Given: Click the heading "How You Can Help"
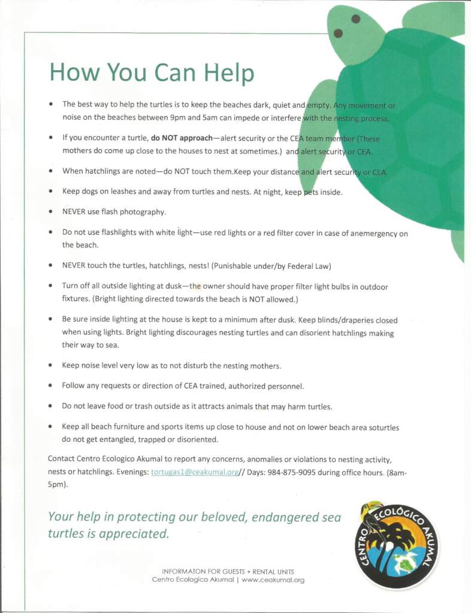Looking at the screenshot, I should point(152,72).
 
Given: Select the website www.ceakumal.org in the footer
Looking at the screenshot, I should point(273,579).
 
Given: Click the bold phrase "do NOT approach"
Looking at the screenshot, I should point(177,138).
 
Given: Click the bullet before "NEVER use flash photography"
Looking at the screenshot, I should point(52,212).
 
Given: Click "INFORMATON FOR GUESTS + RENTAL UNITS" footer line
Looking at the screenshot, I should point(228,571).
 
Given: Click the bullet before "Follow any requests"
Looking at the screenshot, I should point(52,386).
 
